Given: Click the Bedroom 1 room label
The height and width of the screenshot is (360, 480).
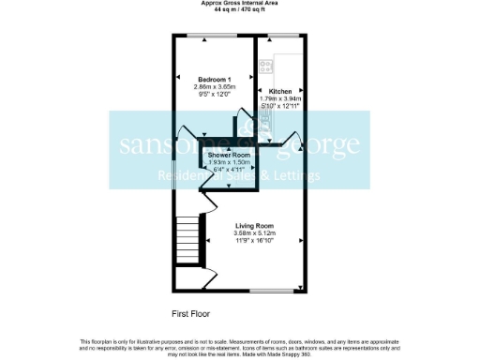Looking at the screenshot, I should pos(215,78).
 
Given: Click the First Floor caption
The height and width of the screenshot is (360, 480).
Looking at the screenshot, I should pos(192,312).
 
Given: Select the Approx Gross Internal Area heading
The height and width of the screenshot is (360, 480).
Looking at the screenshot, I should pos(239,3).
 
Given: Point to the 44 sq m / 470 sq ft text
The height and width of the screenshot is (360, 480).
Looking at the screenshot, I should pos(239,9).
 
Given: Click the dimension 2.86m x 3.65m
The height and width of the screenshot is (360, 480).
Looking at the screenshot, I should pos(216,85).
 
